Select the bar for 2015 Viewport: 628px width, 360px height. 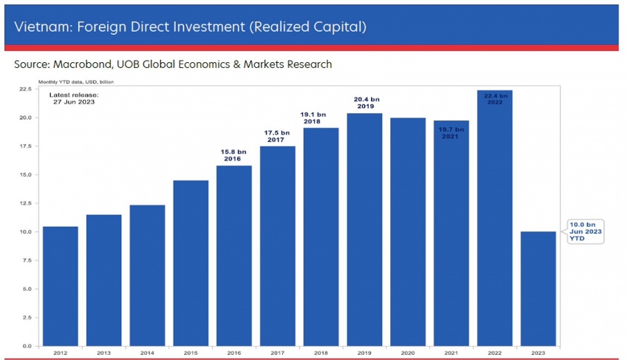click(191, 263)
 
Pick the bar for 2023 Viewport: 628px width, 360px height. click(538, 288)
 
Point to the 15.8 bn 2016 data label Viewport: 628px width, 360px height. click(233, 154)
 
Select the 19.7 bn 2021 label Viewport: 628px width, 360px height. click(451, 132)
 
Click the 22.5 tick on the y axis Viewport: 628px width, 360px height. click(24, 89)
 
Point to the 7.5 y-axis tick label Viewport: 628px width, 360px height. click(26, 260)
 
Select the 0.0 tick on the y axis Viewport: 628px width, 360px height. click(26, 346)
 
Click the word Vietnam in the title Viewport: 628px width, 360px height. click(39, 27)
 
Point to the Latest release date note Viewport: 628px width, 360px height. click(73, 98)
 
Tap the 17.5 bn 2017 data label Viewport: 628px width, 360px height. click(277, 135)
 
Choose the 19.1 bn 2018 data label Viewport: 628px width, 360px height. click(321, 118)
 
